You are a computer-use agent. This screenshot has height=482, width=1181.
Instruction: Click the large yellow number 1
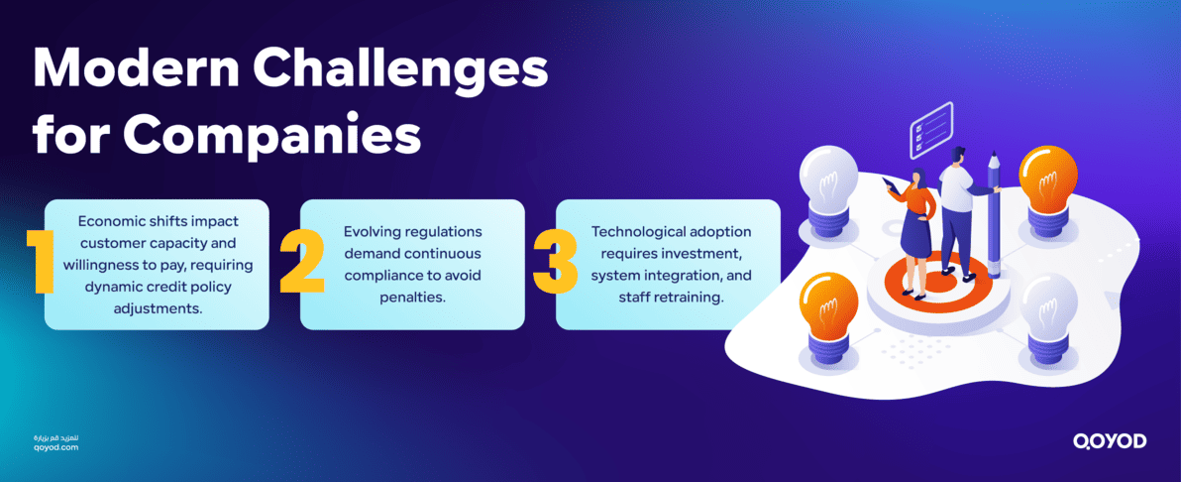[x=41, y=263]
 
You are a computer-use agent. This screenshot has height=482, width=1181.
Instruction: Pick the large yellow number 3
[x=555, y=263]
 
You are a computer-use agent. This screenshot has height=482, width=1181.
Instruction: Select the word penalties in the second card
[x=411, y=296]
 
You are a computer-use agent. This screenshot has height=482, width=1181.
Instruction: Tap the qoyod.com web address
[x=55, y=447]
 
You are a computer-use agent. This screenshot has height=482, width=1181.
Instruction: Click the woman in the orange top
[x=915, y=233]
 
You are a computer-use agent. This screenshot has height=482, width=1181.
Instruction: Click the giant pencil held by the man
[x=994, y=213]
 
